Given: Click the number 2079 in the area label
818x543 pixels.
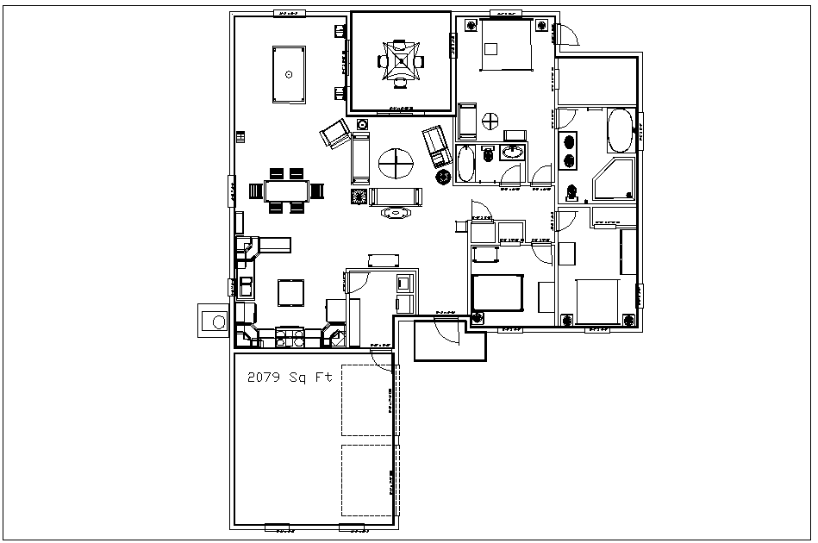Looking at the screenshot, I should click(263, 377).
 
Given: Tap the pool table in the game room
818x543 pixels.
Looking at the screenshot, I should click(289, 74).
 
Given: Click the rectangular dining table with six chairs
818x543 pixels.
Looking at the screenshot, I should click(286, 190).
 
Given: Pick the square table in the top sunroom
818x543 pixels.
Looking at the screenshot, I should click(400, 61).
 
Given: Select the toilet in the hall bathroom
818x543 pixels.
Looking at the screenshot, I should click(487, 154).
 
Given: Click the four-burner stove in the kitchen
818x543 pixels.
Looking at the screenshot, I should click(290, 337).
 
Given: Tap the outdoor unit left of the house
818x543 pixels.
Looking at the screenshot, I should click(214, 321).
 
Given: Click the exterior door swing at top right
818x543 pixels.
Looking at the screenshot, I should click(566, 34).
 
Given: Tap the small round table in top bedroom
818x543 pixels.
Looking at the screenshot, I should click(492, 121).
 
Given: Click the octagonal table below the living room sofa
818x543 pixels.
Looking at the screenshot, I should click(397, 212).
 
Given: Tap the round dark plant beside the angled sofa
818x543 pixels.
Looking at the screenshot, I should click(444, 176).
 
